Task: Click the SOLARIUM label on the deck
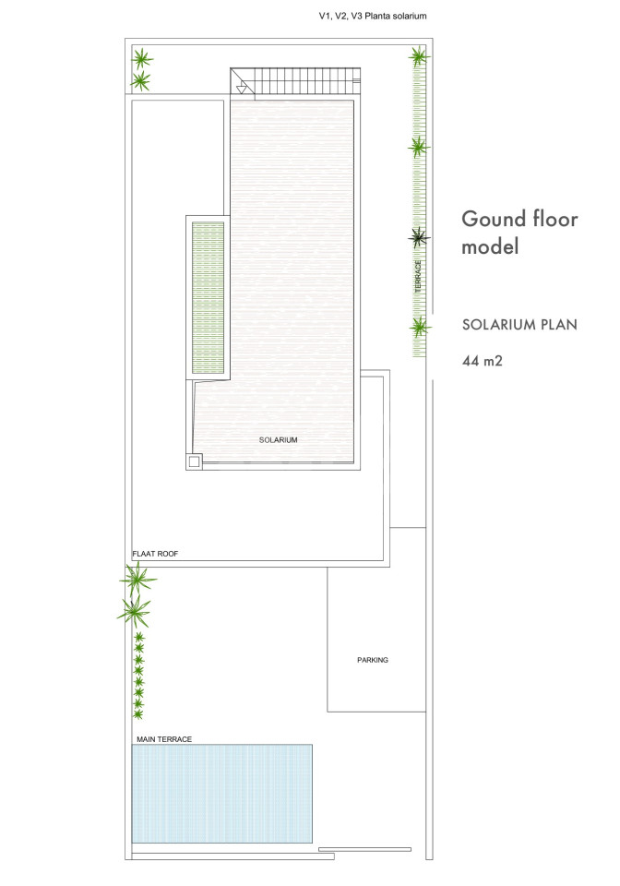point(278,439)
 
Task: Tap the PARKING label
point(373,659)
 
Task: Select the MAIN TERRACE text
point(164,739)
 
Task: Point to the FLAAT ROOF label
point(155,554)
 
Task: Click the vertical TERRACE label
point(419,276)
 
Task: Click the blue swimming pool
point(222,794)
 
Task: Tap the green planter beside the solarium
point(208,298)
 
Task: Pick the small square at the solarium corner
point(195,461)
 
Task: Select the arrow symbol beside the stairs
point(242,89)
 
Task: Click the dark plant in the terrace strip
point(419,238)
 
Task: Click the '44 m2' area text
point(483,361)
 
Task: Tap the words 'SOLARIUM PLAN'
point(519,324)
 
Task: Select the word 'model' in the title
point(490,246)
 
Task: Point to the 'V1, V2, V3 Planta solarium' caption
point(373,16)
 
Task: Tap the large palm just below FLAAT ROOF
point(137,578)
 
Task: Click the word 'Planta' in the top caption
point(376,16)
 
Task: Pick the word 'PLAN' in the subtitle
point(559,324)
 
